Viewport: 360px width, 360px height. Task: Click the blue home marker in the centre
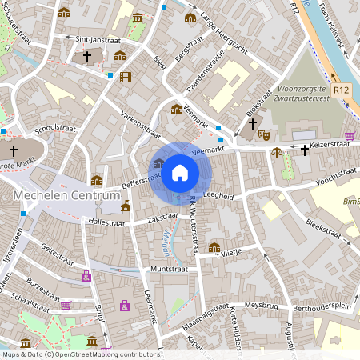coord(180,172)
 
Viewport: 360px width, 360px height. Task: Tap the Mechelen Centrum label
coord(54,196)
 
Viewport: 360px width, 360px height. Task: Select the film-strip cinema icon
coord(125,77)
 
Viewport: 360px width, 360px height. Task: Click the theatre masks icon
coord(265,134)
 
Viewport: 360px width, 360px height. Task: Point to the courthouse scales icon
coord(277,151)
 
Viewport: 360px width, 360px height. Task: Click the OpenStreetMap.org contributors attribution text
coord(106,354)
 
